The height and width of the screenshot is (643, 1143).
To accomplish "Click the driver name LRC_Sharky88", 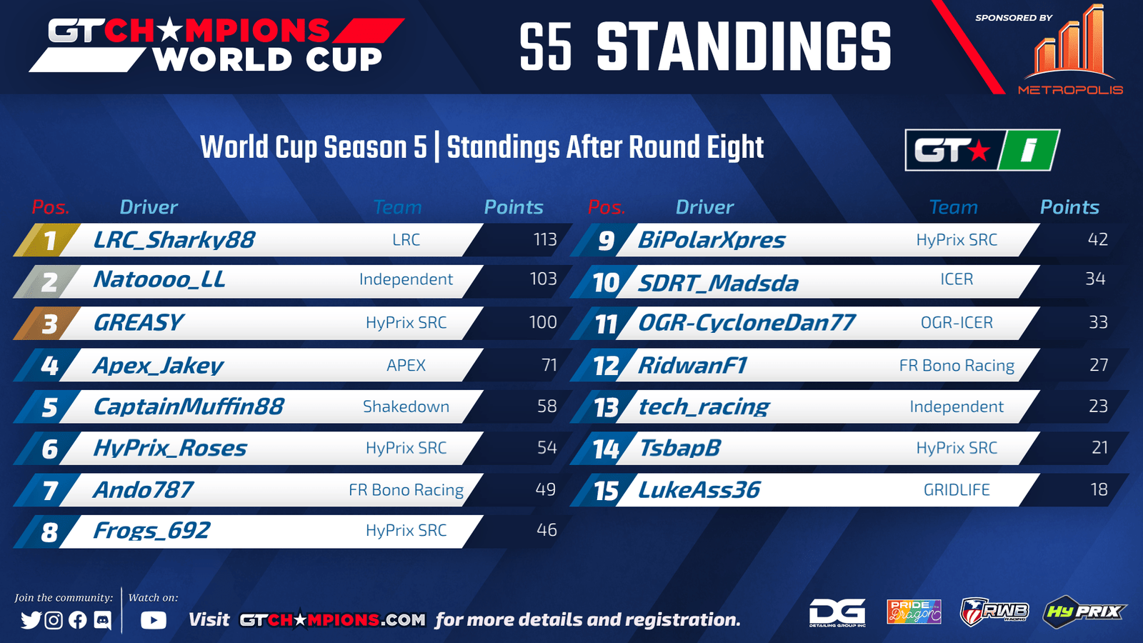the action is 174,240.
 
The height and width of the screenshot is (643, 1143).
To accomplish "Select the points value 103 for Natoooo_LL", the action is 543,279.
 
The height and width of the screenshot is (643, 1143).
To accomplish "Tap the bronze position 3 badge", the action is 47,323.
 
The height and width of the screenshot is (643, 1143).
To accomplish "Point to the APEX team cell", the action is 406,365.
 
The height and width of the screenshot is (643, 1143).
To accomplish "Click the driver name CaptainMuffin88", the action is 189,407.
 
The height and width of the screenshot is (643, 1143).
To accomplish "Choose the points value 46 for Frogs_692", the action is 546,530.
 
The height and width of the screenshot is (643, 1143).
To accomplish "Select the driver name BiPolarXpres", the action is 712,240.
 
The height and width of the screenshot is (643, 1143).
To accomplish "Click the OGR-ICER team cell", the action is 957,322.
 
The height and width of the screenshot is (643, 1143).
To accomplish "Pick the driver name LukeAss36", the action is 699,490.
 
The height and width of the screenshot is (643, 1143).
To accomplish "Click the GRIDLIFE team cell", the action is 957,490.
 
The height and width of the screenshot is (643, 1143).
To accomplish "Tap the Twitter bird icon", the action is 31,620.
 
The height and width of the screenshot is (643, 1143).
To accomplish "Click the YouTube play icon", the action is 153,620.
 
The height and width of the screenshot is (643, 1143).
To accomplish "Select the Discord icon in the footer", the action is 103,621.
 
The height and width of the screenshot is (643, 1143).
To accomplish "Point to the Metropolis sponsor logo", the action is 1071,50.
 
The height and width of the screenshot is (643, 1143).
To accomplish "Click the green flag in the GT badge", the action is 1029,150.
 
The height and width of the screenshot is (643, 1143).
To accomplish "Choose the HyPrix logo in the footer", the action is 1084,612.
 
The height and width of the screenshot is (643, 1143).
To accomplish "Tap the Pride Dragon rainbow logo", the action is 914,612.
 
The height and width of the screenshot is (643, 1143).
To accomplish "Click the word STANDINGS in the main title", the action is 744,47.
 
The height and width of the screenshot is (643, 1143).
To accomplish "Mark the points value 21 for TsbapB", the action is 1099,447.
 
